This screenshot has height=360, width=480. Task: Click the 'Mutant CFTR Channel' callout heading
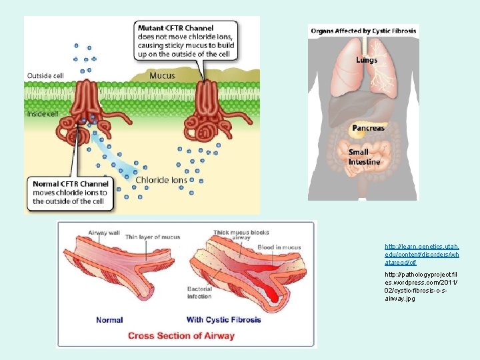175,28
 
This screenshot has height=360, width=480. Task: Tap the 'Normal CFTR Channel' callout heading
70,184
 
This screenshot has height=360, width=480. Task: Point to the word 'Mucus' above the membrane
162,75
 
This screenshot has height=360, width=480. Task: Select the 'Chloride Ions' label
161,179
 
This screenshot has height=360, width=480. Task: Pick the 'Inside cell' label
43,114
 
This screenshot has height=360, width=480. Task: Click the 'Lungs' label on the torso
366,60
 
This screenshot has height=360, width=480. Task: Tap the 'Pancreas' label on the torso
368,127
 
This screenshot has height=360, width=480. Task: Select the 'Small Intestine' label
364,157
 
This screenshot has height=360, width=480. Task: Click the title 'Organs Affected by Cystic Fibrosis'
363,31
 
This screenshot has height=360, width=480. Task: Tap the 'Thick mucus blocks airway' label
241,235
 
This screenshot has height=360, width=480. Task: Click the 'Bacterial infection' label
200,292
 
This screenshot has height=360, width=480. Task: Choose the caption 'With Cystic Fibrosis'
224,319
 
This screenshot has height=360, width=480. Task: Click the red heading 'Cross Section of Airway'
181,335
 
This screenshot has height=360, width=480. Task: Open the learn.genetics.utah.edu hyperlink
421,255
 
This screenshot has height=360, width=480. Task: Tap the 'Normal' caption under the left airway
109,320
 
